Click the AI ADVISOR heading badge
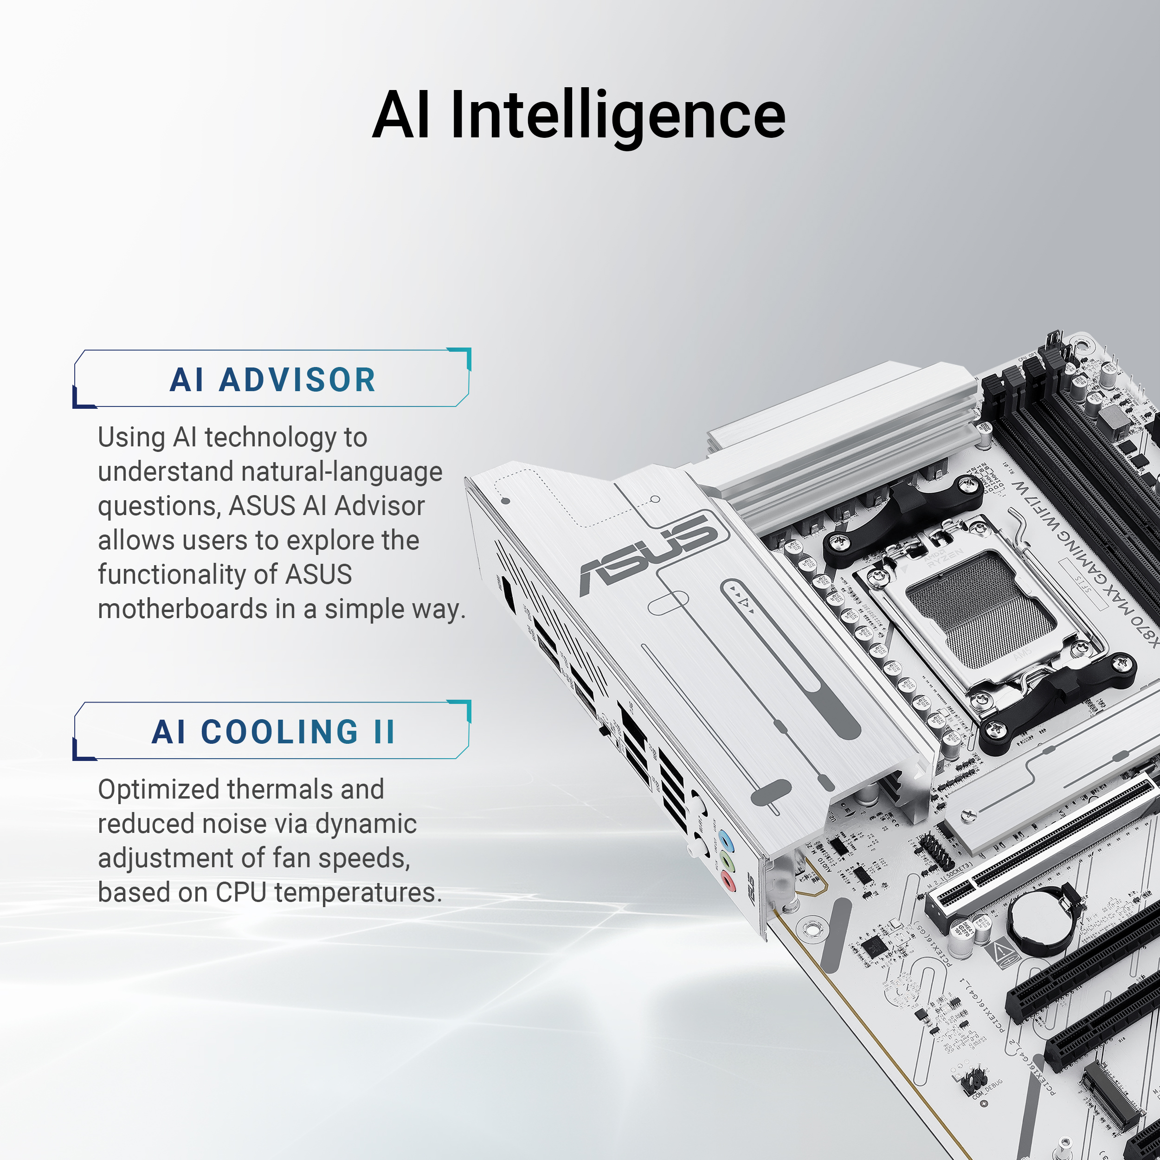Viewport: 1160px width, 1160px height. [x=272, y=380]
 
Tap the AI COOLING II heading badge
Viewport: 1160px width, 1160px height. [x=272, y=731]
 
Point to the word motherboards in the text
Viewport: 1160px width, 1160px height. [x=182, y=609]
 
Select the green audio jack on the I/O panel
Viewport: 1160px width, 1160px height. [x=728, y=862]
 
